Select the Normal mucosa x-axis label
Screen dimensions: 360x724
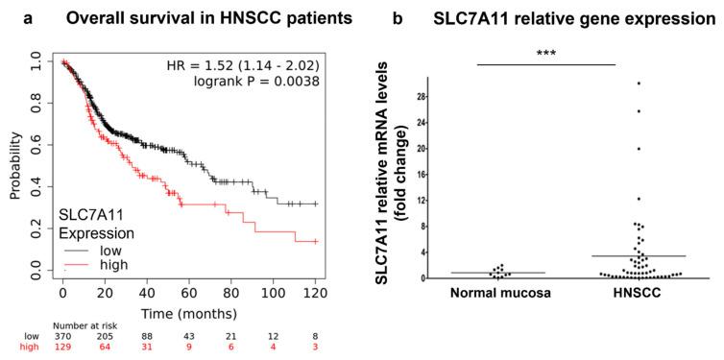tap(495, 294)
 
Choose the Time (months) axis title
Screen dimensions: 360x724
tap(189, 313)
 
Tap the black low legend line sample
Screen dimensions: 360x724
tap(72, 248)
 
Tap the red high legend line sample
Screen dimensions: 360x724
tap(72, 263)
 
